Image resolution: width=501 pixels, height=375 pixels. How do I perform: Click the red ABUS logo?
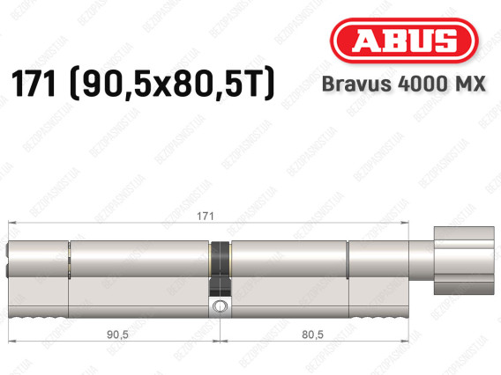tap(404, 40)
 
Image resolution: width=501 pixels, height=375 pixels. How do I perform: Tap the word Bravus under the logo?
tap(356, 84)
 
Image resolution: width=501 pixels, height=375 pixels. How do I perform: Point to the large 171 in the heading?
tap(34, 83)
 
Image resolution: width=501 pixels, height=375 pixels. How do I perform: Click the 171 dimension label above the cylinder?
tap(206, 217)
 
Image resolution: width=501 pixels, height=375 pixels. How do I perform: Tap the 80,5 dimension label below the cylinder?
tap(312, 335)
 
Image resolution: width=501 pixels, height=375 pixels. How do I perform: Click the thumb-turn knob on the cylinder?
tap(464, 261)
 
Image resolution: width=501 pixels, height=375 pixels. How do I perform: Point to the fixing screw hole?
tap(220, 305)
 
